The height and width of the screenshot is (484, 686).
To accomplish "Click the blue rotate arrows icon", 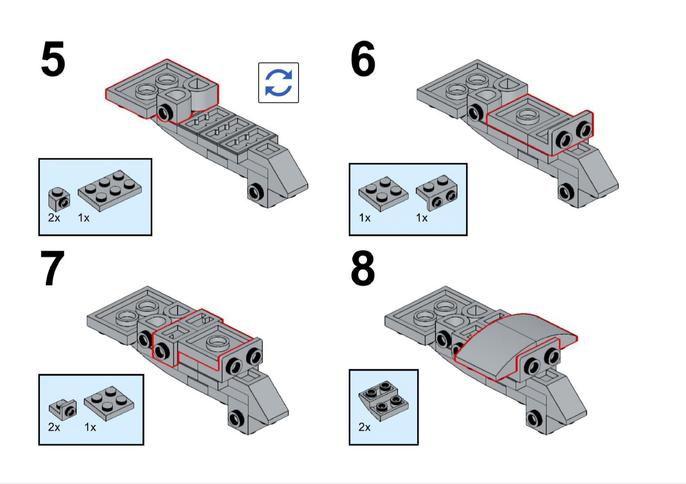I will pyautogui.click(x=278, y=83).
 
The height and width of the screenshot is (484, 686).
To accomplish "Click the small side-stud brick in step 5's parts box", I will pyautogui.click(x=59, y=199).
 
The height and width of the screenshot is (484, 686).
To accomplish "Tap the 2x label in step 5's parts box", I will pyautogui.click(x=54, y=218).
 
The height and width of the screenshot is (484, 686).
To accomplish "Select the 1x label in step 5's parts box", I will pyautogui.click(x=84, y=218).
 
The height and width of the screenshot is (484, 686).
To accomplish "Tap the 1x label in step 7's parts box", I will pyautogui.click(x=90, y=428).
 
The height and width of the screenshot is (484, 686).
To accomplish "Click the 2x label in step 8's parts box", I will pyautogui.click(x=364, y=428).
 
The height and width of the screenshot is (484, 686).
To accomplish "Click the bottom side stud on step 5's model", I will pyautogui.click(x=256, y=191).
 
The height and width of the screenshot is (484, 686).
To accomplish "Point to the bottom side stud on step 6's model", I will pyautogui.click(x=566, y=191).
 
